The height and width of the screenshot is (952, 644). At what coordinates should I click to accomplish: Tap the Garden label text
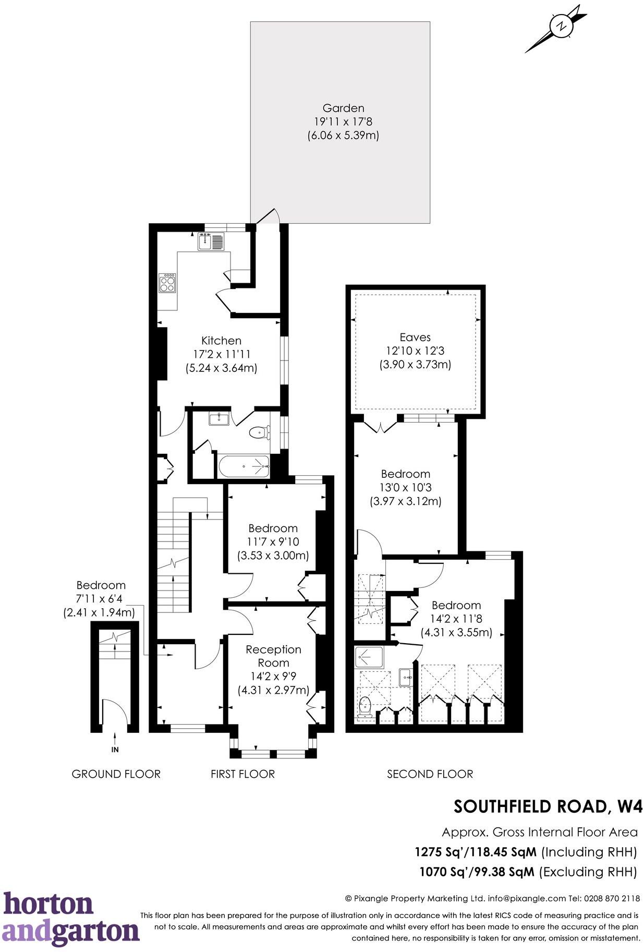pyautogui.click(x=343, y=109)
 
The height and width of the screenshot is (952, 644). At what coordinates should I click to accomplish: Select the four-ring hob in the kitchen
pyautogui.click(x=168, y=284)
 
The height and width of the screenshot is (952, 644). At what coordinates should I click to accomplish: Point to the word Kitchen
pyautogui.click(x=221, y=341)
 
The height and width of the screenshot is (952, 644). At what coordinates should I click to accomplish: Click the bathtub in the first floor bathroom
pyautogui.click(x=244, y=466)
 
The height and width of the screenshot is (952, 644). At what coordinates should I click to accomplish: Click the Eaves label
pyautogui.click(x=415, y=337)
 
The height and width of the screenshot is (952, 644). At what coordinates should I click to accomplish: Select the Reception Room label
pyautogui.click(x=273, y=656)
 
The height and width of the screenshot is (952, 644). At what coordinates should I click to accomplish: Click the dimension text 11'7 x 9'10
pyautogui.click(x=273, y=542)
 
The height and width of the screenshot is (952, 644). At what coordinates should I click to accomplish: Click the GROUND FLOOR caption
pyautogui.click(x=116, y=774)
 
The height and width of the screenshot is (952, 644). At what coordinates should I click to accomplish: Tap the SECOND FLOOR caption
pyautogui.click(x=430, y=774)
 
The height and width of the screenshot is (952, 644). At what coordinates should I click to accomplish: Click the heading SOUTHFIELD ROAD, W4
pyautogui.click(x=548, y=806)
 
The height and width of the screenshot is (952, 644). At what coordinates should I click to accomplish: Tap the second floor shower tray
pyautogui.click(x=369, y=657)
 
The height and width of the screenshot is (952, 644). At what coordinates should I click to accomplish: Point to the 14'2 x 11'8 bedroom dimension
pyautogui.click(x=456, y=619)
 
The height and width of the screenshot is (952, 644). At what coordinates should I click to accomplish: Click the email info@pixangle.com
pyautogui.click(x=527, y=898)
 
